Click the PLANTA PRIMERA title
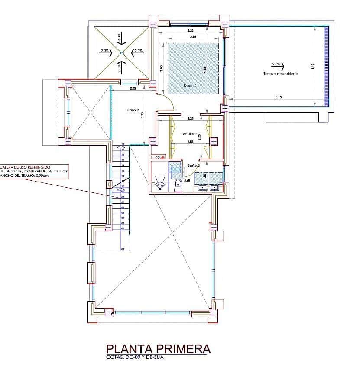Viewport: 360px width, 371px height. point(158,349)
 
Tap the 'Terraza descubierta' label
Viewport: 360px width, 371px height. point(280,74)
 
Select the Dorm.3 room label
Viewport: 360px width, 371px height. point(190,85)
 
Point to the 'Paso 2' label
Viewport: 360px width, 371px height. point(133,110)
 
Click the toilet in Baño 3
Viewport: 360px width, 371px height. point(178,186)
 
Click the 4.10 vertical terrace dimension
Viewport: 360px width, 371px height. point(313,66)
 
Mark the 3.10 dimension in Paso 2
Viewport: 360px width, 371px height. point(143,115)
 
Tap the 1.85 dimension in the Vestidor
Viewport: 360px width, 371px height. point(190,142)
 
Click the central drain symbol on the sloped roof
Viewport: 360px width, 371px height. point(122,53)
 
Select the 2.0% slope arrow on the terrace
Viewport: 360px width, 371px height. point(277,65)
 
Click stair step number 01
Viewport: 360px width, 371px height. point(123,249)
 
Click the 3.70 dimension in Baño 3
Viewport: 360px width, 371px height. point(188,180)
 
